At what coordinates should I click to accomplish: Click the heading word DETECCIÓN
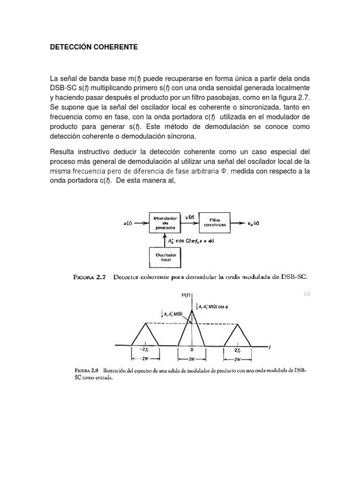coord(70,47)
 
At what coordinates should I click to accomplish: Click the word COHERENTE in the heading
coord(114,47)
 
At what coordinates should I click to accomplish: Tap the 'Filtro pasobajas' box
coord(215,222)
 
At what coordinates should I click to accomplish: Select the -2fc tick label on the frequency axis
coord(144,350)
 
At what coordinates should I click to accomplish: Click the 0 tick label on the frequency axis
coord(192,350)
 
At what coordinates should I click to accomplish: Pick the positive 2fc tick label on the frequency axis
coord(240,350)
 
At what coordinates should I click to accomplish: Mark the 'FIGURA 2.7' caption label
coord(90,277)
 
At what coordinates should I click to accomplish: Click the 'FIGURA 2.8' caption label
coord(87,370)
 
